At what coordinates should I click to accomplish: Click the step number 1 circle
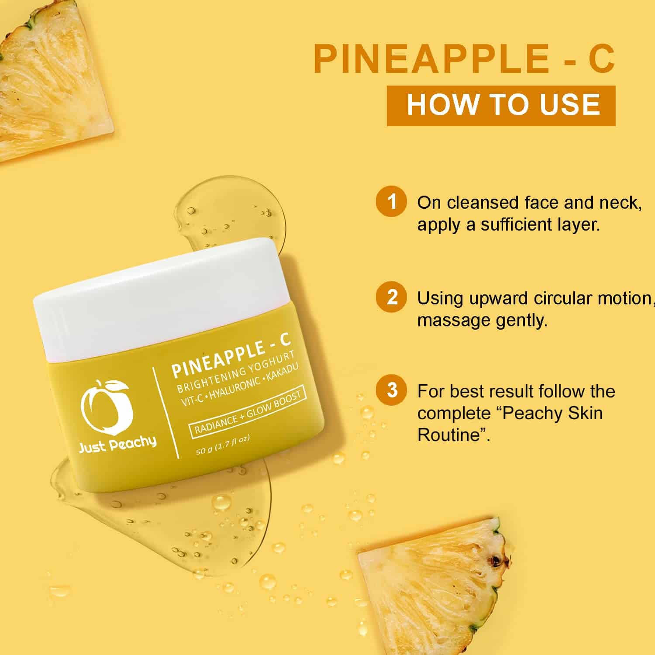tap(392, 202)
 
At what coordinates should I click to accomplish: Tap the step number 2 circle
tap(392, 297)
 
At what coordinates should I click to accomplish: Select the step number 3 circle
tap(392, 390)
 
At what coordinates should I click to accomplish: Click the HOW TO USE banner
tap(501, 106)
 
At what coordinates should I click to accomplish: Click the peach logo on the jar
tap(105, 407)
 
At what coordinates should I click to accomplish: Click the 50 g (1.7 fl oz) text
tap(223, 445)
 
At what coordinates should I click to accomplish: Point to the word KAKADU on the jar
tap(283, 375)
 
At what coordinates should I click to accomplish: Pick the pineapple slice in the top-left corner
tap(52, 79)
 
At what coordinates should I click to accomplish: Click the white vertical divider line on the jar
tap(165, 412)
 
